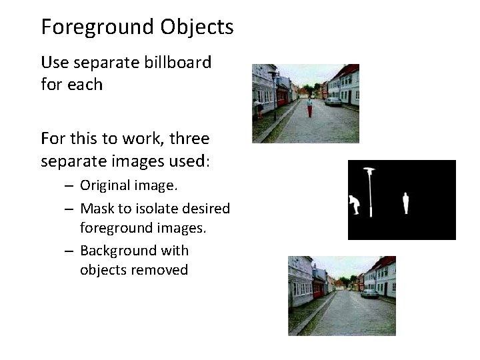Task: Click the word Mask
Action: pos(96,208)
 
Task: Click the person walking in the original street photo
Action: pos(309,107)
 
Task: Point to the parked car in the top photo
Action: pos(333,101)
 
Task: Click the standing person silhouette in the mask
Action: pos(405,203)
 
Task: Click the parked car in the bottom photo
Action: pos(369,293)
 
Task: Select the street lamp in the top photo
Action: pos(273,93)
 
